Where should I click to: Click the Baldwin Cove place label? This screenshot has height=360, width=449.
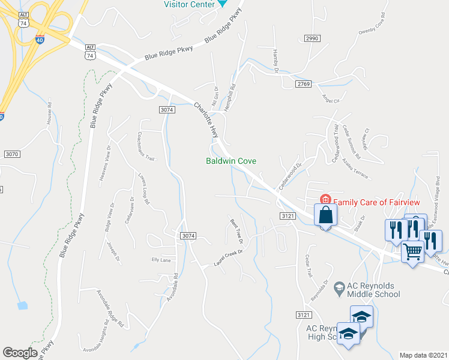tap(232, 161)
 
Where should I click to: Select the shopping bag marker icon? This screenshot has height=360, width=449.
tap(325, 215)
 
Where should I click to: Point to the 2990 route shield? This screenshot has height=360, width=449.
tap(312, 38)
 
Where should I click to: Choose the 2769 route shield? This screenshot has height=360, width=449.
tap(303, 84)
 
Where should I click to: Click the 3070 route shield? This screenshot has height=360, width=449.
tap(12, 154)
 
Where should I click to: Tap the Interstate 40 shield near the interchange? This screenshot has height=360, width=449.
tap(40, 40)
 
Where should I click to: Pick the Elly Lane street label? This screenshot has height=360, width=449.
tap(161, 260)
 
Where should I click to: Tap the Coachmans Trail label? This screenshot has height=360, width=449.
tap(146, 147)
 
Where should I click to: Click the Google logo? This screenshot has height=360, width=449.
tap(20, 352)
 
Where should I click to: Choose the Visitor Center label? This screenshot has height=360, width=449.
tap(190, 4)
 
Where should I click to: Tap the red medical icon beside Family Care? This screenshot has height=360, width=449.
tap(325, 200)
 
